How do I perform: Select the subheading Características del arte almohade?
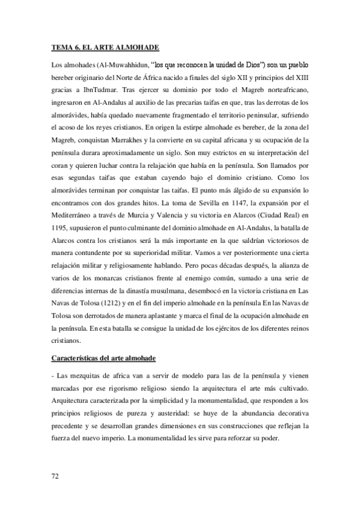click(x=104, y=359)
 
